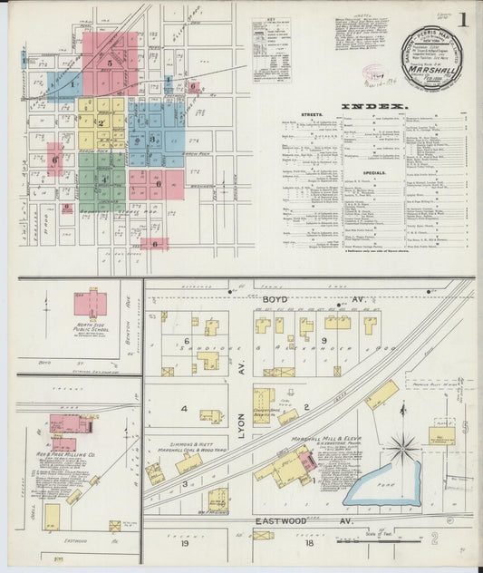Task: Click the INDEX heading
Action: (x=361, y=106)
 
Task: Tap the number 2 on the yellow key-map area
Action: (x=101, y=123)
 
